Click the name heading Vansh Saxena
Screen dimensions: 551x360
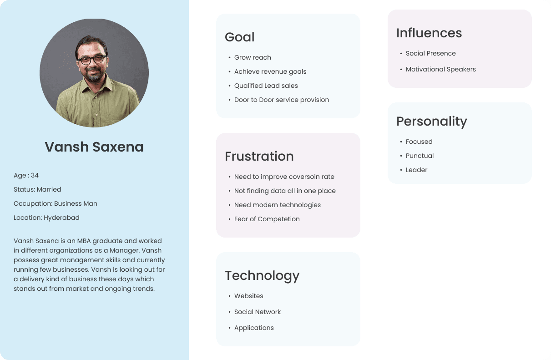[x=94, y=147]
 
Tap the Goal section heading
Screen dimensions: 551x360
[x=240, y=37]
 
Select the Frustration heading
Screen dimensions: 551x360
[x=259, y=156]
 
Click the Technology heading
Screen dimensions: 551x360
[x=262, y=276]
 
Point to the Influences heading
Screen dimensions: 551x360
[x=429, y=33]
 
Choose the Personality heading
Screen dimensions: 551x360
[x=432, y=122]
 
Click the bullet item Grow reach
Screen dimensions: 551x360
[x=253, y=57]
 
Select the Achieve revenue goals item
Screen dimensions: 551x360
[x=270, y=71]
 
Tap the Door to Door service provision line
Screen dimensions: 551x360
[x=281, y=100]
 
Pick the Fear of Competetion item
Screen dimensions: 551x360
[x=267, y=219]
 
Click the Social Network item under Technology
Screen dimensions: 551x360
[x=257, y=312]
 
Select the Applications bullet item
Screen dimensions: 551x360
[x=254, y=328]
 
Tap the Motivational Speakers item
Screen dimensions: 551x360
[x=440, y=69]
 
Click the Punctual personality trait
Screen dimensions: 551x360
[x=420, y=156]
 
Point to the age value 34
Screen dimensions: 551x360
[x=35, y=175]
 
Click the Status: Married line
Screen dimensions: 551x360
[x=37, y=189]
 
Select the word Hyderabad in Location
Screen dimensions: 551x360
[x=61, y=218]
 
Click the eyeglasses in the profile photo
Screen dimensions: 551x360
[x=92, y=60]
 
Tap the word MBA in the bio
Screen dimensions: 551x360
[x=84, y=241]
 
